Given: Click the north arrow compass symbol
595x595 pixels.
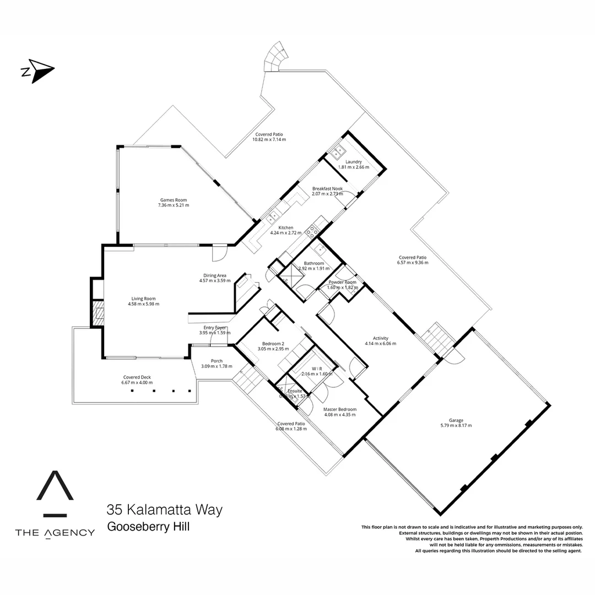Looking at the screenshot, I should [37, 71].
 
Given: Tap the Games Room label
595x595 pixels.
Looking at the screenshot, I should [174, 200].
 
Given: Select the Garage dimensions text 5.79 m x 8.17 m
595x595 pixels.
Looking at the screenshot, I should [456, 425].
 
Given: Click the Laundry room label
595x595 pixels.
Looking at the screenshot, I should [353, 161].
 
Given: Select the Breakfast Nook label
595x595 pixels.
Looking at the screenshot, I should [327, 188].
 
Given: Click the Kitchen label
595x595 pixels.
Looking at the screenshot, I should [285, 228].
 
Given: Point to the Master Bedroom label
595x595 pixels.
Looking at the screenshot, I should [339, 409].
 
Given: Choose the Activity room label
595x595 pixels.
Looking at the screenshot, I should [380, 338].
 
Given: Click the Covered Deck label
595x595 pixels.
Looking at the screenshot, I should [137, 377].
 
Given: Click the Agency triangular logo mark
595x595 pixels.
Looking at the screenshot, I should [55, 493].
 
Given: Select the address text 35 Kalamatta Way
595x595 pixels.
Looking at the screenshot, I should [165, 510].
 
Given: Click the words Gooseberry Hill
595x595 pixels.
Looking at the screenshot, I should [148, 527].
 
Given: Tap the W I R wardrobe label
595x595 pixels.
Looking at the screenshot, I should [317, 369].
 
